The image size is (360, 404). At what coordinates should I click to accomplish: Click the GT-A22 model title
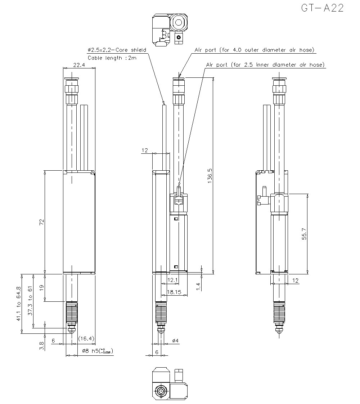tap(322, 8)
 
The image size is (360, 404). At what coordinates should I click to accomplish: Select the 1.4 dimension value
tap(198, 286)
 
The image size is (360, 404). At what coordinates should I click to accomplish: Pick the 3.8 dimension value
tap(41, 346)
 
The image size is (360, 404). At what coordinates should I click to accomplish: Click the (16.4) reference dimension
tap(86, 338)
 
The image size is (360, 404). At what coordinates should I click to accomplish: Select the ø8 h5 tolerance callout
tap(94, 350)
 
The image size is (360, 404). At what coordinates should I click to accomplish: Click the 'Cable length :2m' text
tap(112, 58)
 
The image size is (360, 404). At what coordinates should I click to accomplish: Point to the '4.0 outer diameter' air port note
tap(255, 50)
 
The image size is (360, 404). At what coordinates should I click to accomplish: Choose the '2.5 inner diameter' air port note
tap(265, 65)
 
